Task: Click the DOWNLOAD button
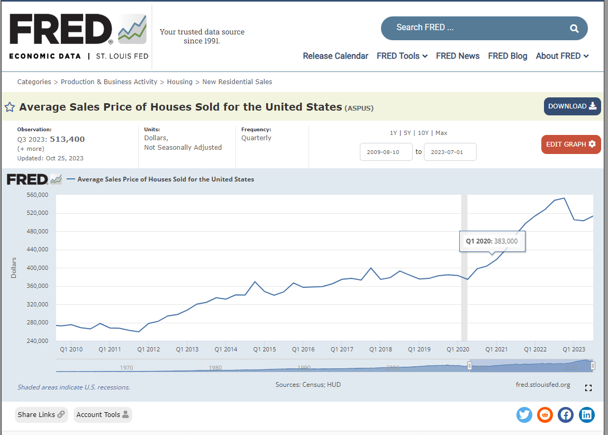click(572, 106)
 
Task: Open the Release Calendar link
click(335, 56)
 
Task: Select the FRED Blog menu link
click(507, 56)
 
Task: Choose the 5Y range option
click(407, 133)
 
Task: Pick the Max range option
click(441, 133)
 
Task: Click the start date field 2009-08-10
click(386, 152)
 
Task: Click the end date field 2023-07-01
click(450, 152)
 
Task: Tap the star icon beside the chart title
click(10, 107)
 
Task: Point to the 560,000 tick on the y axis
click(37, 195)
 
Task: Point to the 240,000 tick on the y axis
click(37, 341)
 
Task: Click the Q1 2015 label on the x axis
click(265, 349)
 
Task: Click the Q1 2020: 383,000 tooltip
click(492, 241)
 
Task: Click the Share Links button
click(41, 415)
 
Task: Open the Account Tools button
click(103, 415)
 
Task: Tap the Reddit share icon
click(545, 415)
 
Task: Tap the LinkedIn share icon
click(586, 415)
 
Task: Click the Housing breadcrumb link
click(180, 82)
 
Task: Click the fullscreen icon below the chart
click(588, 388)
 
